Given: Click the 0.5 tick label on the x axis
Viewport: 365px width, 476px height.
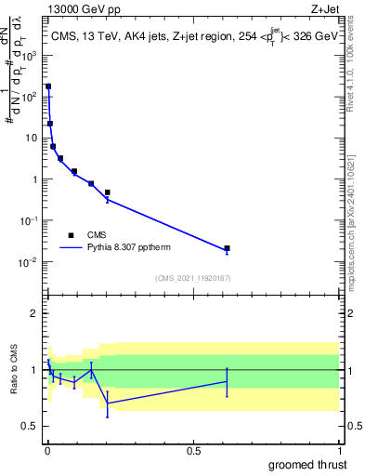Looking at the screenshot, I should tap(193, 451).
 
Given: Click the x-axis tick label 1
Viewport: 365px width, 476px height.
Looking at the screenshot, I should tap(338, 451).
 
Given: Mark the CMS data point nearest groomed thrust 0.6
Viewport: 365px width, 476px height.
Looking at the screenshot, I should tap(227, 248).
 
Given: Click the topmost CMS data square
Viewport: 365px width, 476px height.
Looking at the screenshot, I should tap(48, 86).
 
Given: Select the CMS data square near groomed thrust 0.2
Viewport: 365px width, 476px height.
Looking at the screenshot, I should tap(108, 192).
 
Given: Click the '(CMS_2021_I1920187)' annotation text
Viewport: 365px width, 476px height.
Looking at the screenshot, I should tap(192, 278).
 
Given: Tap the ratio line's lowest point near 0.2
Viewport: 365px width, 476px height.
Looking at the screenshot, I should tap(108, 403).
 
